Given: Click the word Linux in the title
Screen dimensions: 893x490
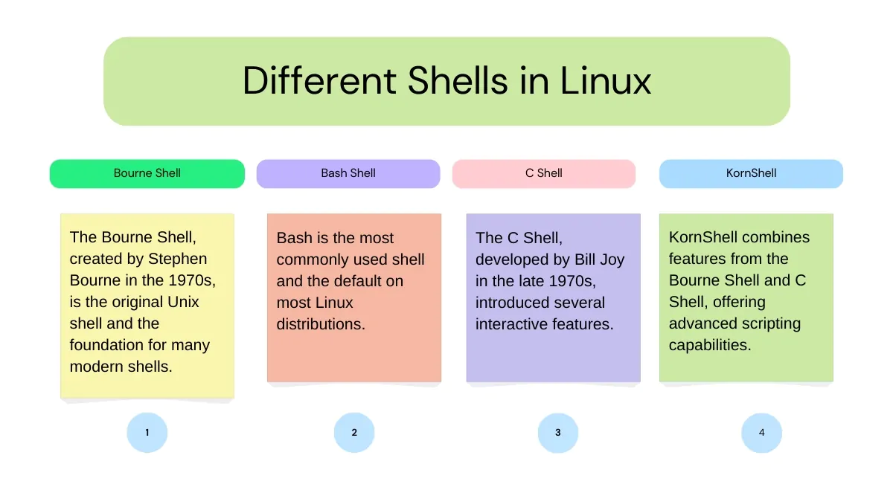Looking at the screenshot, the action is pos(606,81).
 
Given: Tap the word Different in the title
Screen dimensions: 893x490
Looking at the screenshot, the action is pos(319,81).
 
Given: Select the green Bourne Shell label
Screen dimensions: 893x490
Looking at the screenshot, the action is pos(147,174).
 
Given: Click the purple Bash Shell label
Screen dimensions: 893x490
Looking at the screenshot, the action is pos(348,174).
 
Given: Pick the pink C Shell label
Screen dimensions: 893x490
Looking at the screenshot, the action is pos(544,174).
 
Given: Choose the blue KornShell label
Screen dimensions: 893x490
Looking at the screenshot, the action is pos(751,174).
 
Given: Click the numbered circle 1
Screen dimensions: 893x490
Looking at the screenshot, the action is pos(147,433).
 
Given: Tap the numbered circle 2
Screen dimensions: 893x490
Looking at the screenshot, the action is pos(354,433).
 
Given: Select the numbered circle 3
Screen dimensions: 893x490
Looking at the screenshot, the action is pos(557,433).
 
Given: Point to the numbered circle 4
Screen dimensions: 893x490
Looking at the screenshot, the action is pos(761,433).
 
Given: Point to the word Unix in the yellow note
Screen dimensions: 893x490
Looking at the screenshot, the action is pos(183,302).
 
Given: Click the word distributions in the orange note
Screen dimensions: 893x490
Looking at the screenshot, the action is pos(321,324).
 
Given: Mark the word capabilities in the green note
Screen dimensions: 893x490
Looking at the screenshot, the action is pos(710,346).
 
